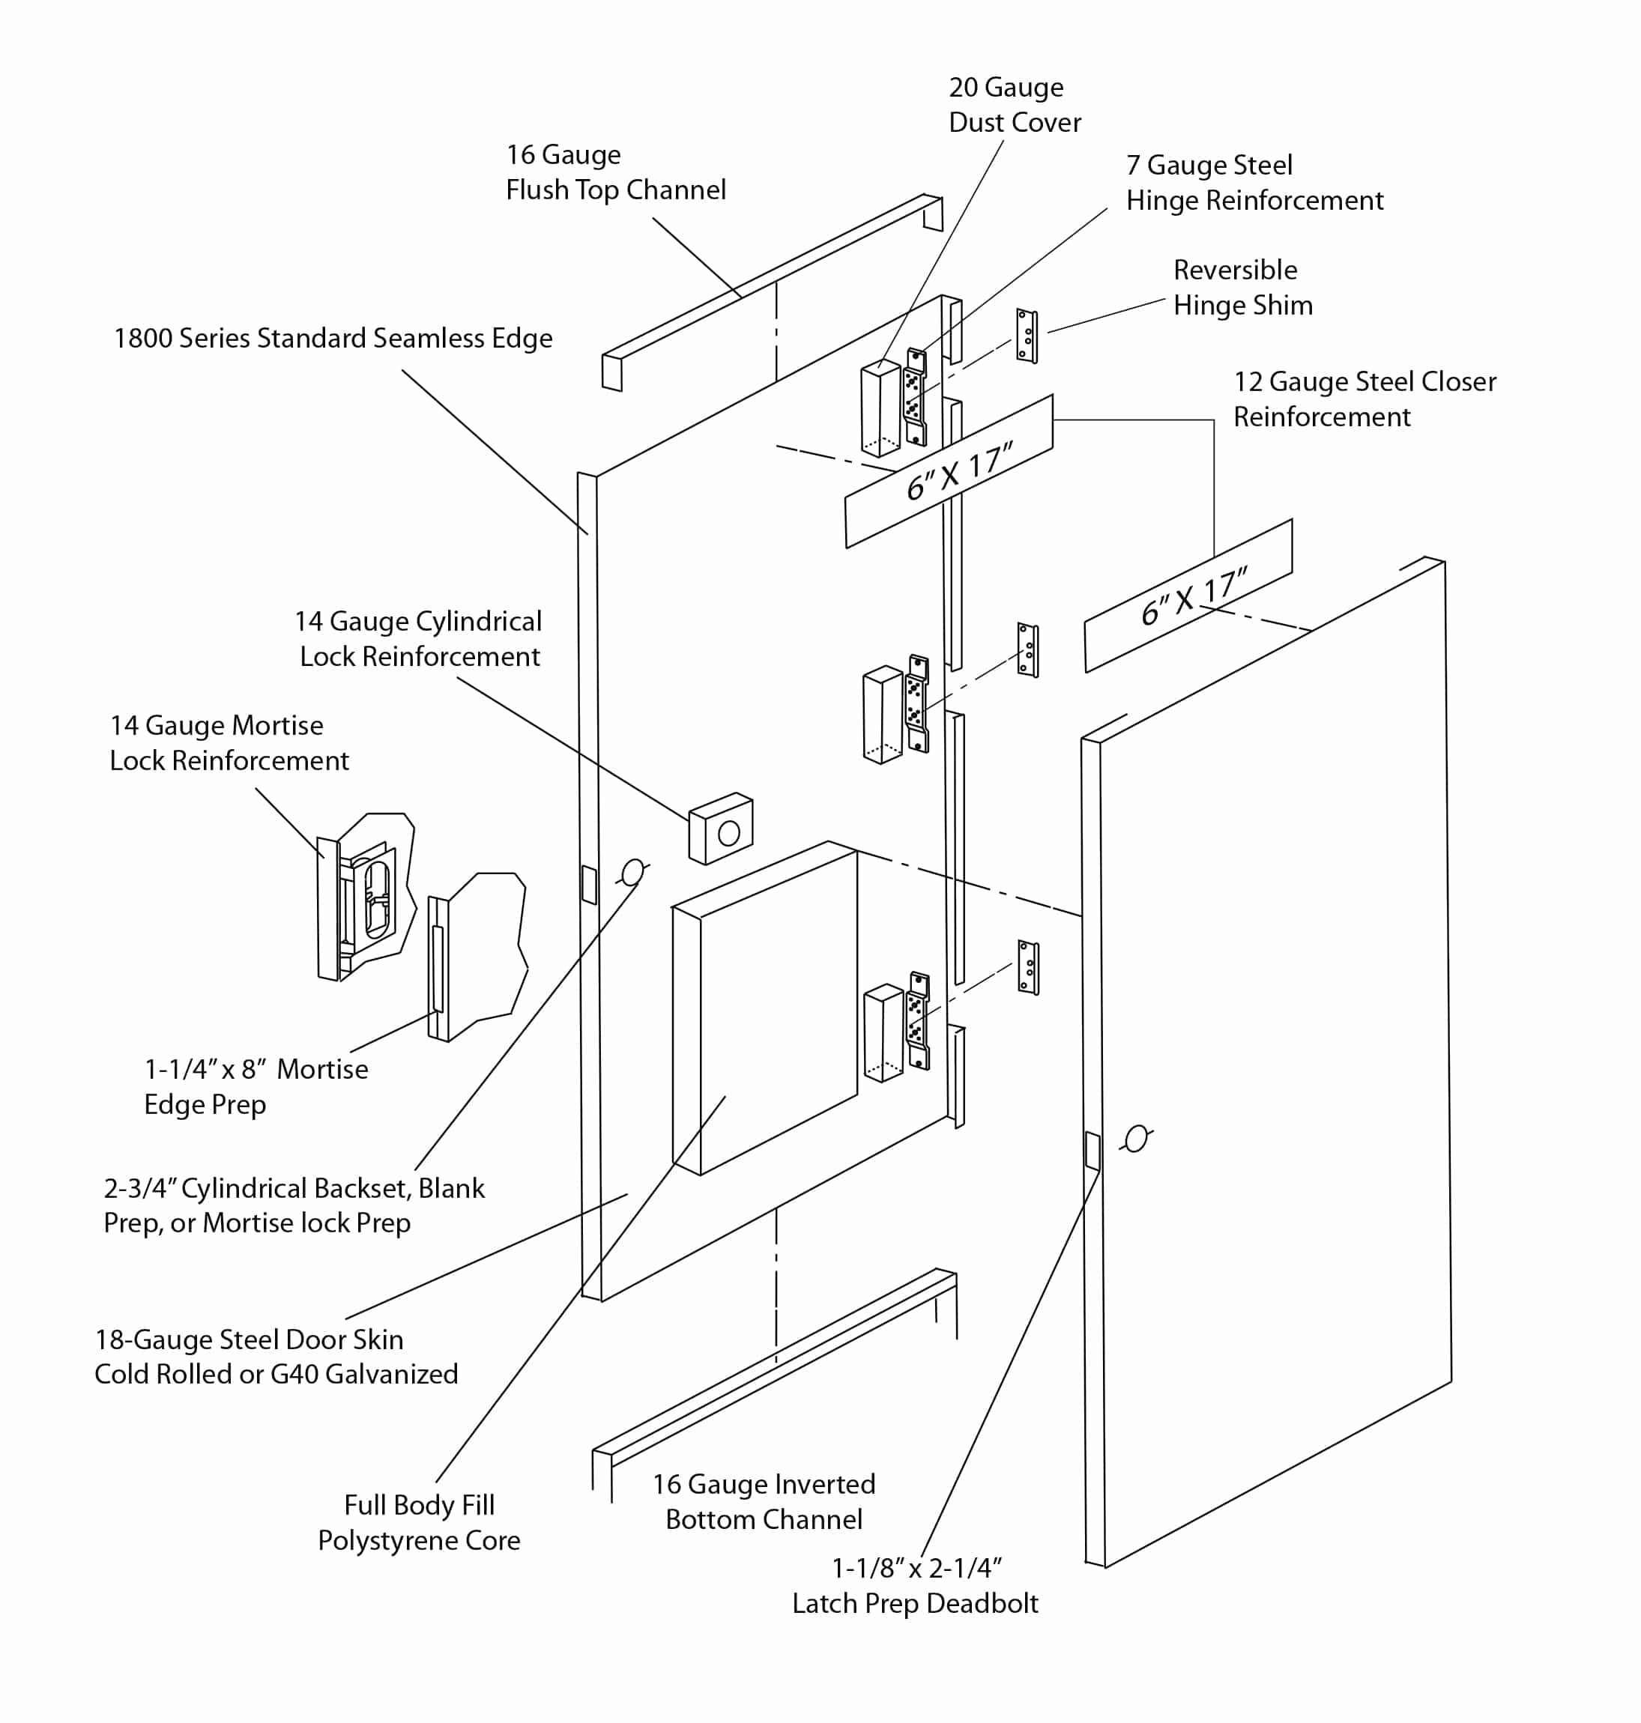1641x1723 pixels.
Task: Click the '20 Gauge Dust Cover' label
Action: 1014,105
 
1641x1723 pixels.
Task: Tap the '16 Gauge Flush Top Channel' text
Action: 615,172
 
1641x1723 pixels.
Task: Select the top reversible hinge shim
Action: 1026,336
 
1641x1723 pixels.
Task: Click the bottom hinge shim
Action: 1028,967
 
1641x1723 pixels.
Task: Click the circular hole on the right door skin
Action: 1135,1139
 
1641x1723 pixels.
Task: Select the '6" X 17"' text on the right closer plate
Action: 1193,597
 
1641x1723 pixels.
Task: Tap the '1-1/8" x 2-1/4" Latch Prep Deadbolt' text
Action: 915,1586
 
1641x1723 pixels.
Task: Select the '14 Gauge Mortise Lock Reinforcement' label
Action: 229,742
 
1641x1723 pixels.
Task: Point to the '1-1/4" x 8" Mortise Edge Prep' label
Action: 256,1086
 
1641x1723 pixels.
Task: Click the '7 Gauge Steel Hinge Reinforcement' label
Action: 1254,183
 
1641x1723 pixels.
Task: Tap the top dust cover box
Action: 880,409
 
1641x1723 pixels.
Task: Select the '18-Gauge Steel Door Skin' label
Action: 276,1357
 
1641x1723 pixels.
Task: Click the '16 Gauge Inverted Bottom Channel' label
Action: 764,1502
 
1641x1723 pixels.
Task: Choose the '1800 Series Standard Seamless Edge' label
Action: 333,339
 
